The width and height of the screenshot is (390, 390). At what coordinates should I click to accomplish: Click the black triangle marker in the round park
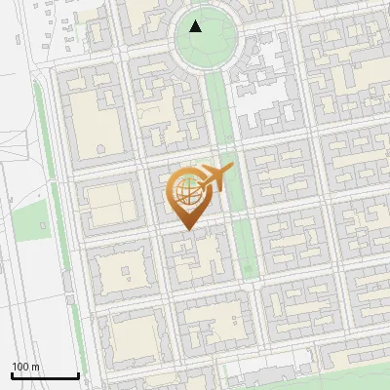[197, 26]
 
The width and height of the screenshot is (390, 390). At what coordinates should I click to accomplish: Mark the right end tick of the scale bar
[78, 375]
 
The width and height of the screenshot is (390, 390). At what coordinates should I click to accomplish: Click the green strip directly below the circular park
[220, 107]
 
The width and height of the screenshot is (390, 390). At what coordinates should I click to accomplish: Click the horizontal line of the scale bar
[44, 376]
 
